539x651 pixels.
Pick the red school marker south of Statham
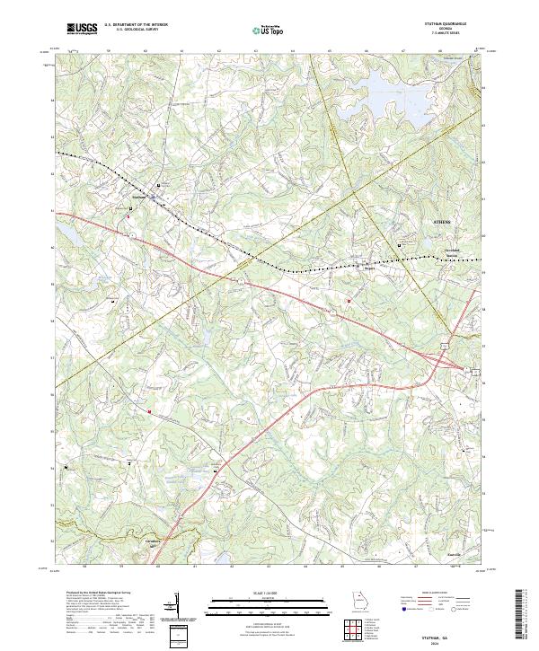pos(128,216)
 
